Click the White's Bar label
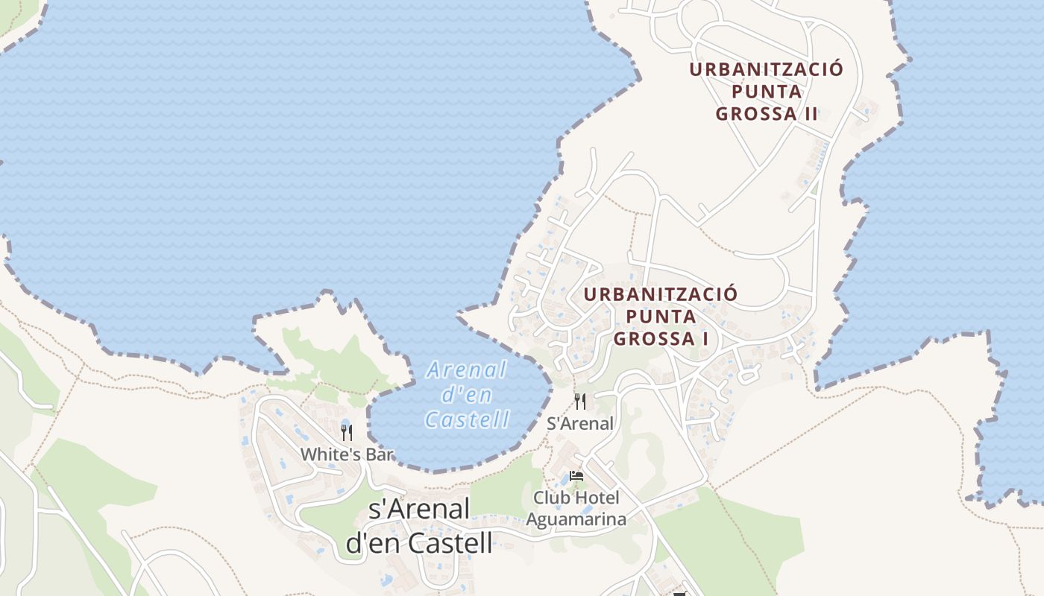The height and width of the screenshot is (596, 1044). coord(346,454)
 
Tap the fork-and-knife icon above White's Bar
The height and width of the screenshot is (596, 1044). coord(347,432)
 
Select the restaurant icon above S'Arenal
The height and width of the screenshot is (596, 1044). coord(580,402)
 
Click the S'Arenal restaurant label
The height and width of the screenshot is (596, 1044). coord(580,424)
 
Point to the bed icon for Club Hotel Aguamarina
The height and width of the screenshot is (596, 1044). coord(576,476)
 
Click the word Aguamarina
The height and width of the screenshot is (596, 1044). coord(576,519)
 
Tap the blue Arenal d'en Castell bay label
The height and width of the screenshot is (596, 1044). coord(467,395)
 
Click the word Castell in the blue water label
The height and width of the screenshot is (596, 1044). coord(468,420)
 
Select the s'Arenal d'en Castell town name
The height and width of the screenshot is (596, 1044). coord(419,526)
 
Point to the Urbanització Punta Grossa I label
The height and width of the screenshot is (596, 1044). coord(660,316)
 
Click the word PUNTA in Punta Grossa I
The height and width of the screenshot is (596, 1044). coord(661,316)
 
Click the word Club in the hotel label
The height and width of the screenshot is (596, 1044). coord(548,497)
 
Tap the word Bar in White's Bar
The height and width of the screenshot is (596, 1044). coord(379,454)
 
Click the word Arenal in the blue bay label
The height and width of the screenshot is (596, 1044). coord(467,370)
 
